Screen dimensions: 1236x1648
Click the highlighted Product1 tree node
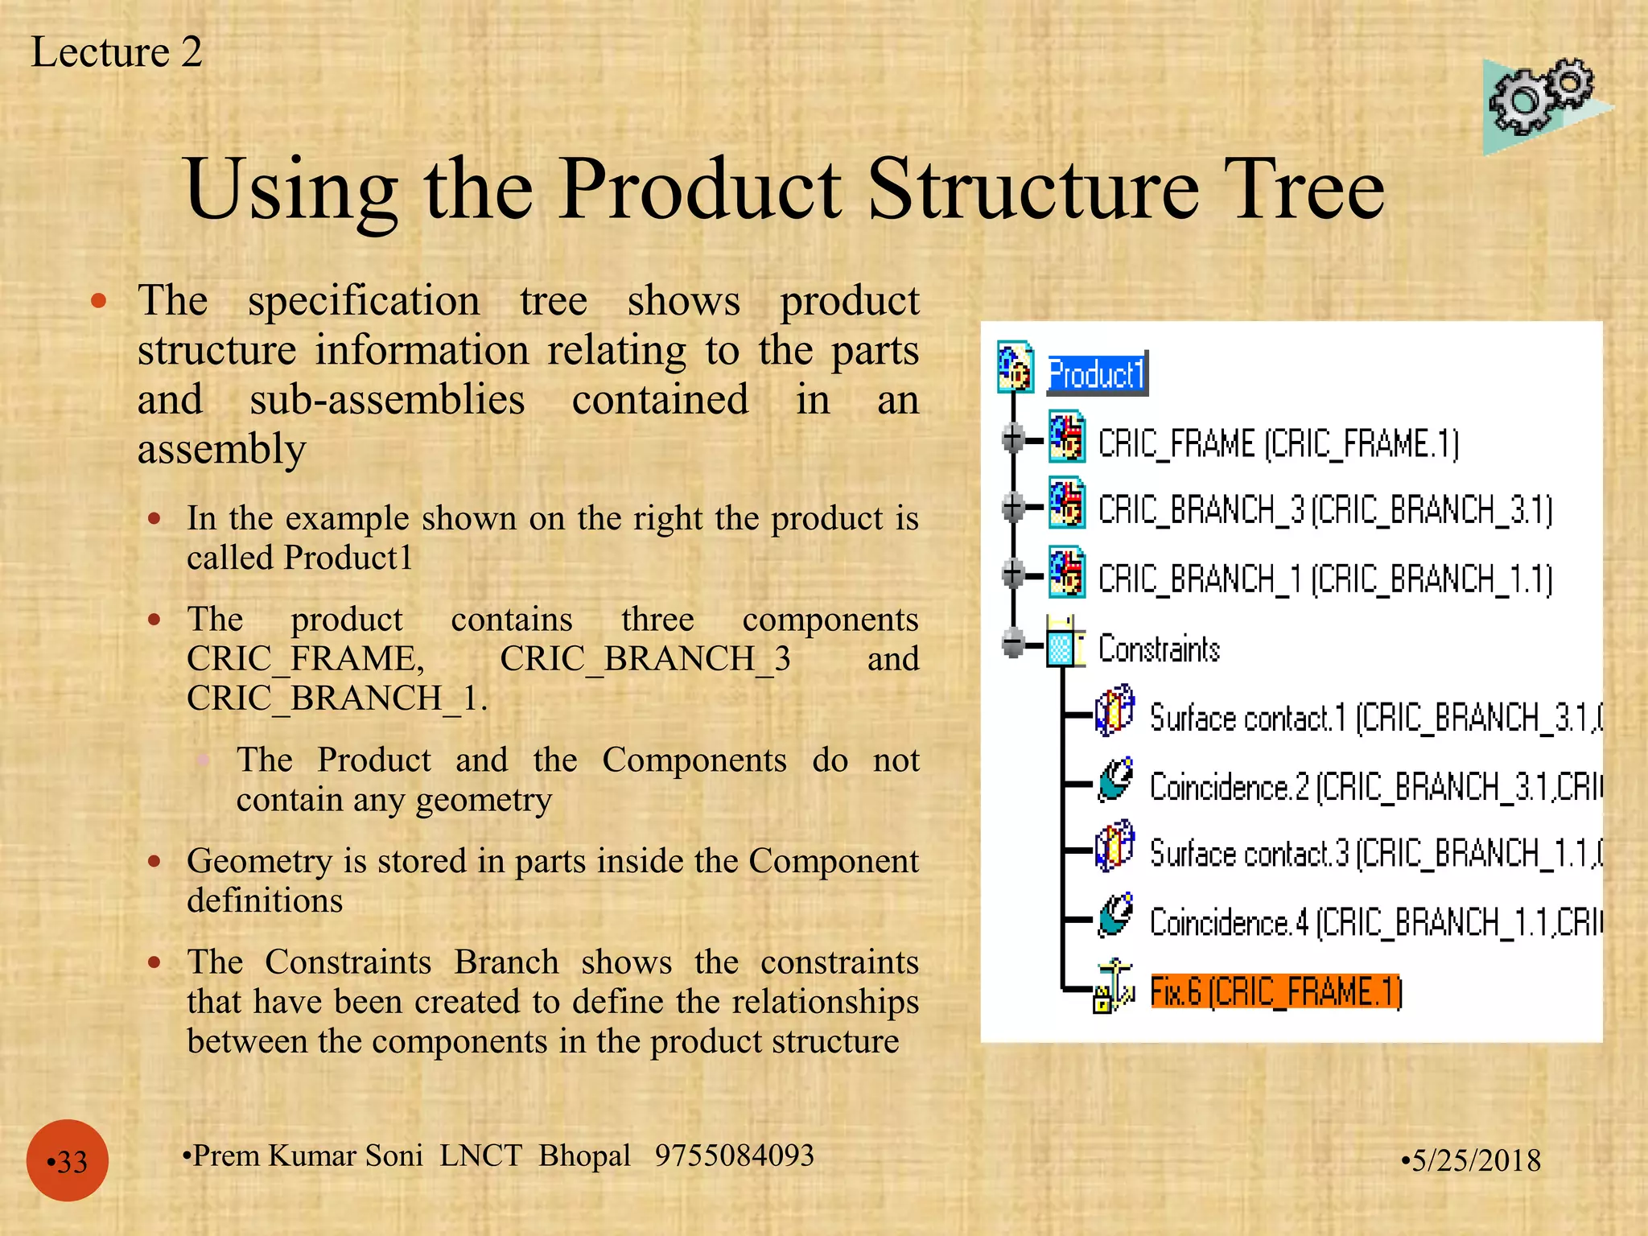click(x=1096, y=374)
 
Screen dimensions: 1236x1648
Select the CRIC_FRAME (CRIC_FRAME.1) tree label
click(x=1278, y=444)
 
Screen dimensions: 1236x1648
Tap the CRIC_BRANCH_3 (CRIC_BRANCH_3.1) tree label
click(x=1325, y=510)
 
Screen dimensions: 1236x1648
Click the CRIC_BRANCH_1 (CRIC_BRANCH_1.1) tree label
click(x=1325, y=579)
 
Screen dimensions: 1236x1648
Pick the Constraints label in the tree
click(x=1159, y=649)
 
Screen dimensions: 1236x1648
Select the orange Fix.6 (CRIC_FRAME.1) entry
click(x=1276, y=991)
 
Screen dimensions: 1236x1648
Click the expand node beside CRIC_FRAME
click(x=1013, y=439)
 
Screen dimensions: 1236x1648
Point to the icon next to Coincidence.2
click(x=1116, y=780)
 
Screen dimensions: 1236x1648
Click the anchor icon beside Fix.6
click(x=1113, y=987)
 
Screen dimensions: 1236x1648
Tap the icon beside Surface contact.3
click(x=1115, y=847)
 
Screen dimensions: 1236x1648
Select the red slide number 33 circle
click(x=68, y=1160)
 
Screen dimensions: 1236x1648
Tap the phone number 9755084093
click(x=734, y=1156)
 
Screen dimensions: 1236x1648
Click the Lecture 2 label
click(x=117, y=52)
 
